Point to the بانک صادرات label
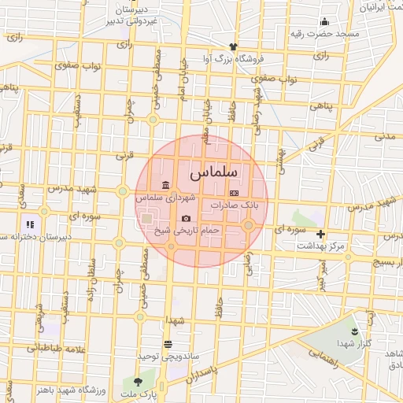(x=239, y=205)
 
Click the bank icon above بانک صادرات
(x=233, y=192)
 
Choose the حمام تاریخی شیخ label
(x=187, y=231)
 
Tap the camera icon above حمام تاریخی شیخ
(x=186, y=218)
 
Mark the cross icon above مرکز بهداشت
(x=320, y=234)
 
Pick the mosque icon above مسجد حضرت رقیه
(x=324, y=21)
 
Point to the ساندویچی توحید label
(x=166, y=357)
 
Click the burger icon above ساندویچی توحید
(x=167, y=344)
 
